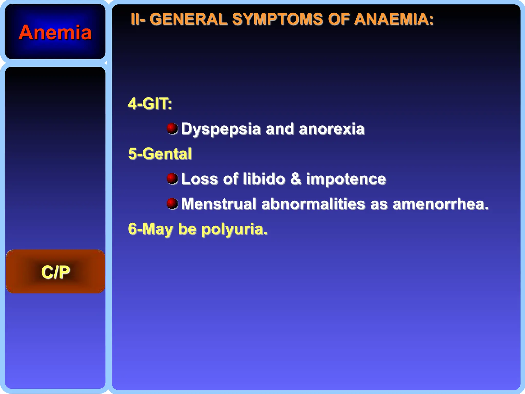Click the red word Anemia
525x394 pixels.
(55, 33)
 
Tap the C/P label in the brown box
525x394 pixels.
(55, 272)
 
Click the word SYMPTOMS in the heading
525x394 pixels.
(277, 19)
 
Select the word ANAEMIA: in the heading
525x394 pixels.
(394, 19)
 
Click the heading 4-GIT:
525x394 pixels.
(150, 104)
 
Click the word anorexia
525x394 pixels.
(332, 129)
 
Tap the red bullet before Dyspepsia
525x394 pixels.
(172, 128)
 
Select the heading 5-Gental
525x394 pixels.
(160, 154)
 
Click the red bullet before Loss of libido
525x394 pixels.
(172, 179)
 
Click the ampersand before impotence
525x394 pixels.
(296, 179)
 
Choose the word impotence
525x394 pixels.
(346, 179)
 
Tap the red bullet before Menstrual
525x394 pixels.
(172, 204)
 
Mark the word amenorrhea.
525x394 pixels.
(440, 204)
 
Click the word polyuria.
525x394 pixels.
(234, 229)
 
